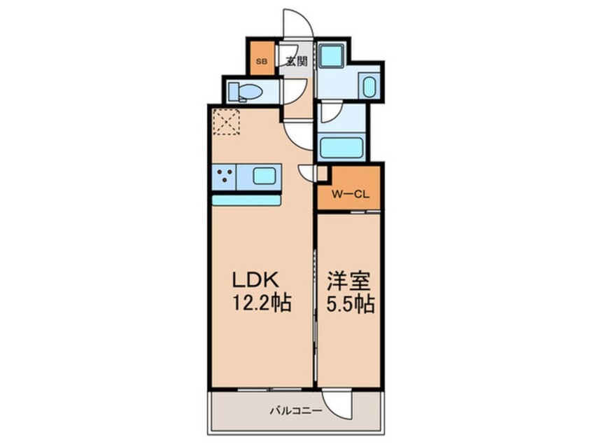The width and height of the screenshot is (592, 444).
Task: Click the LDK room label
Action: click(x=257, y=279)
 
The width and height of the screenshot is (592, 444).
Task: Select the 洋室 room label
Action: click(x=349, y=280)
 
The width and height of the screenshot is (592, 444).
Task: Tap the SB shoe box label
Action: click(x=261, y=61)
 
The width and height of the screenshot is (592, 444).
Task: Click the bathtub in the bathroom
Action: click(x=340, y=148)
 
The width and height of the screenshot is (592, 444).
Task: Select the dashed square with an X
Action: click(x=226, y=120)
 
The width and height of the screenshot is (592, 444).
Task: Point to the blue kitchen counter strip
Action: click(x=246, y=200)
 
